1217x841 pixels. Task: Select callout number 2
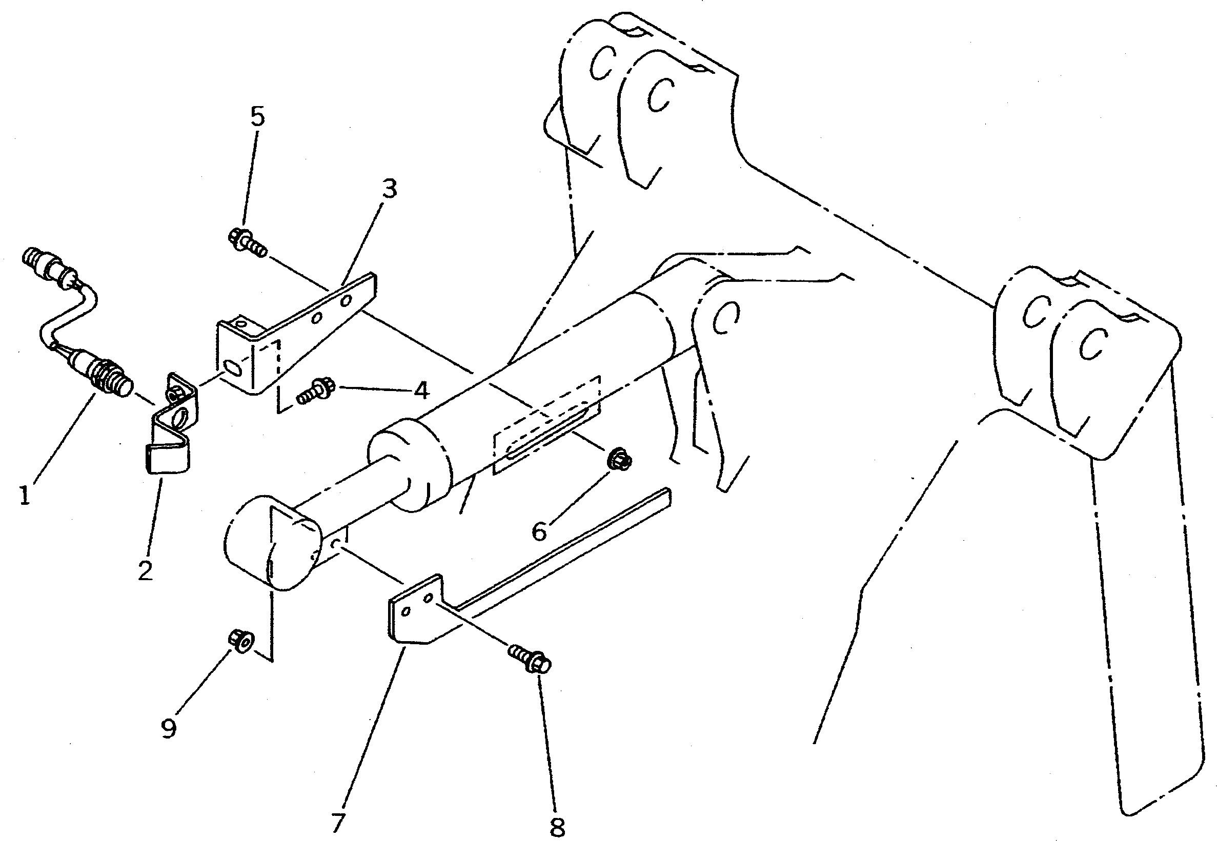coord(146,570)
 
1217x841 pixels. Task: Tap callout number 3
coord(389,188)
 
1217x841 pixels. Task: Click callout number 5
coord(257,117)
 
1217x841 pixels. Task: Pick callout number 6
coord(539,531)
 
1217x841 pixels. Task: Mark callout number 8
coord(557,827)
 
